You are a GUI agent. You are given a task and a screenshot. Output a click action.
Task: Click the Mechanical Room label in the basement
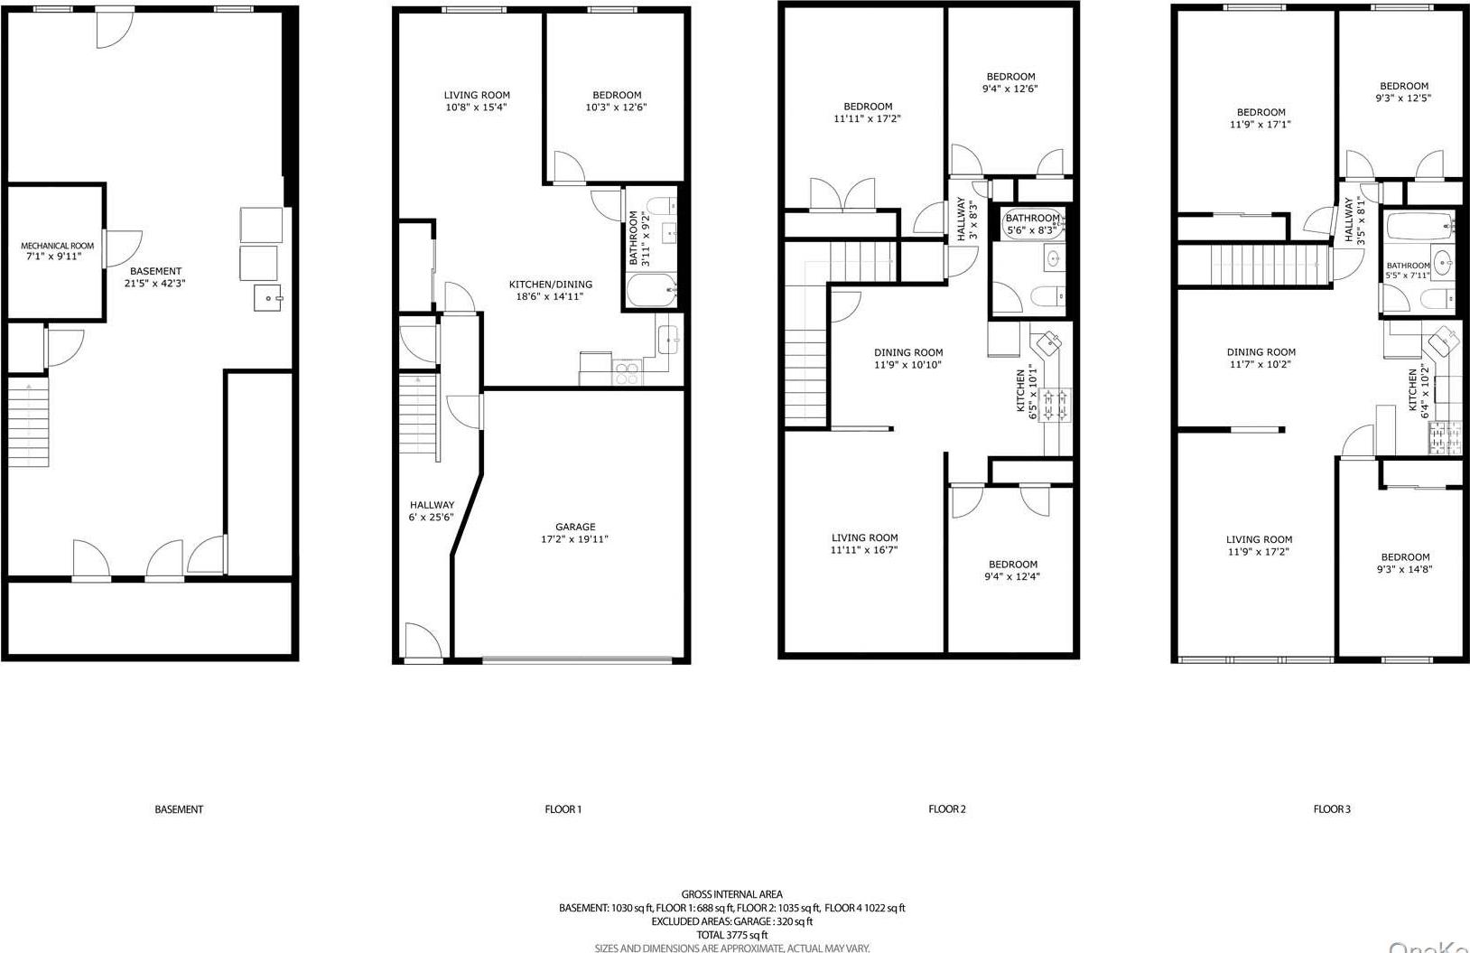pos(57,246)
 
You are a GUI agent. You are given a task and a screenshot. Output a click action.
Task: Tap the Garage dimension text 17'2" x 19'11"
pos(575,539)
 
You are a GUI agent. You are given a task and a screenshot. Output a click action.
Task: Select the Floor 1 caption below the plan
pos(563,809)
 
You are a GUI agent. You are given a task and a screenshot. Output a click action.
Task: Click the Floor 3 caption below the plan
pos(1331,809)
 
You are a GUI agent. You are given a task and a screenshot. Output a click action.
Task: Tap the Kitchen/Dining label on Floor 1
pos(551,285)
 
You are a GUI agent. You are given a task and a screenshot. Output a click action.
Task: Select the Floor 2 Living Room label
pos(864,537)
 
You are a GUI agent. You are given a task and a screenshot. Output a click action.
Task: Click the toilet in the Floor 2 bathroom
pos(1048,297)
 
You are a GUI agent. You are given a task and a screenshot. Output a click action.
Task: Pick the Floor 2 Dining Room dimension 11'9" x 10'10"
pos(908,365)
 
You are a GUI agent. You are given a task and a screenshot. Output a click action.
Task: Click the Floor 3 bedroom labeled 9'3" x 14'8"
pos(1404,563)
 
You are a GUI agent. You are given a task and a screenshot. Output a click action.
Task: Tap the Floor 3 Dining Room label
pos(1261,352)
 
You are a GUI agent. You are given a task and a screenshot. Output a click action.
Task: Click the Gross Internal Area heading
pos(732,894)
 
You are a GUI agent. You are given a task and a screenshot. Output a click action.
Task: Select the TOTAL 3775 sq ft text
pos(732,935)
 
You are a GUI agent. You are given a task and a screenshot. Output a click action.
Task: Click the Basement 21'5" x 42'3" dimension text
pos(155,283)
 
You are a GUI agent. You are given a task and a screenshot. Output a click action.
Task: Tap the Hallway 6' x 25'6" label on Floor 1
pos(432,511)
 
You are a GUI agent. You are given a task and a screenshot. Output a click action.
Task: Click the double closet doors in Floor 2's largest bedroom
pos(842,195)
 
